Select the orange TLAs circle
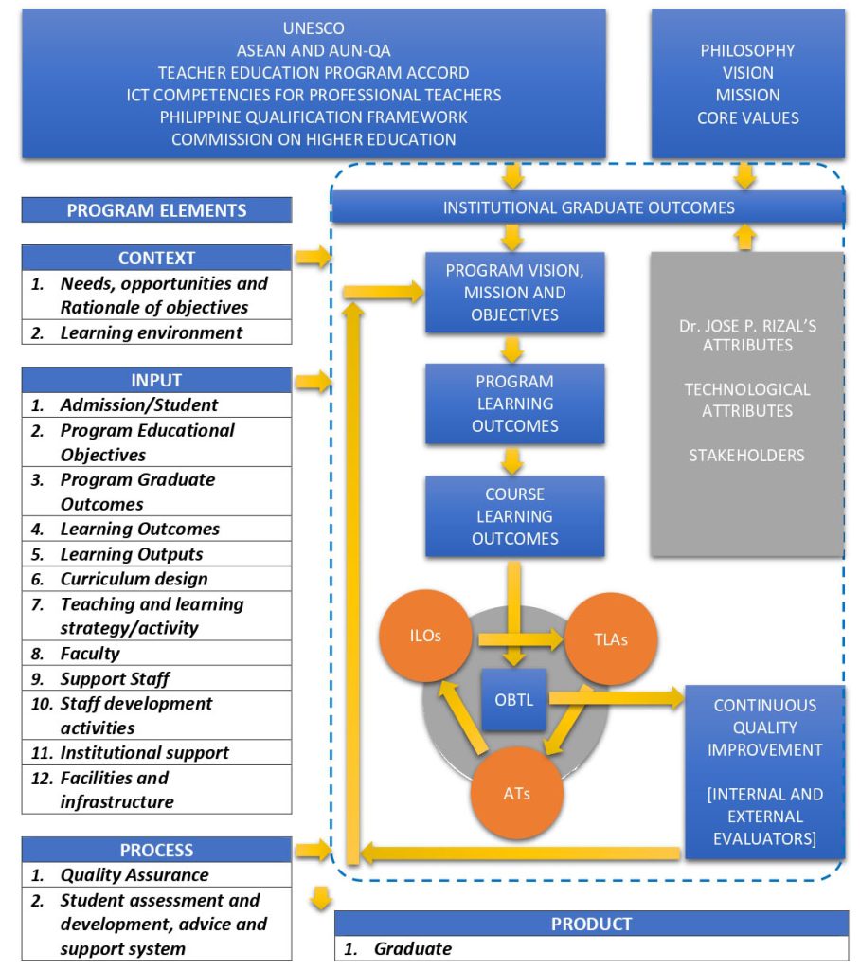(612, 639)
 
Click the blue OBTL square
(515, 700)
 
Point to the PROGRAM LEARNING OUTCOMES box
(515, 404)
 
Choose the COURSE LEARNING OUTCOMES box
(515, 516)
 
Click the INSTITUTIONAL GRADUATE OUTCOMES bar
(587, 207)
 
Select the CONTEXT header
(156, 258)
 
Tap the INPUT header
(156, 380)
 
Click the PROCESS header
(156, 850)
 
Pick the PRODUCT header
(591, 924)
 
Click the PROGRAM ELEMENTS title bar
(156, 210)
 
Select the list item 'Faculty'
(90, 654)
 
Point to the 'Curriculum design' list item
(134, 579)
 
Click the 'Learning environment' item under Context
(151, 332)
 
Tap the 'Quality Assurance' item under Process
(134, 875)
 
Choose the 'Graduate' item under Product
(412, 948)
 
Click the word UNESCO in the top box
(314, 28)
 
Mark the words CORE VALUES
(747, 118)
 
